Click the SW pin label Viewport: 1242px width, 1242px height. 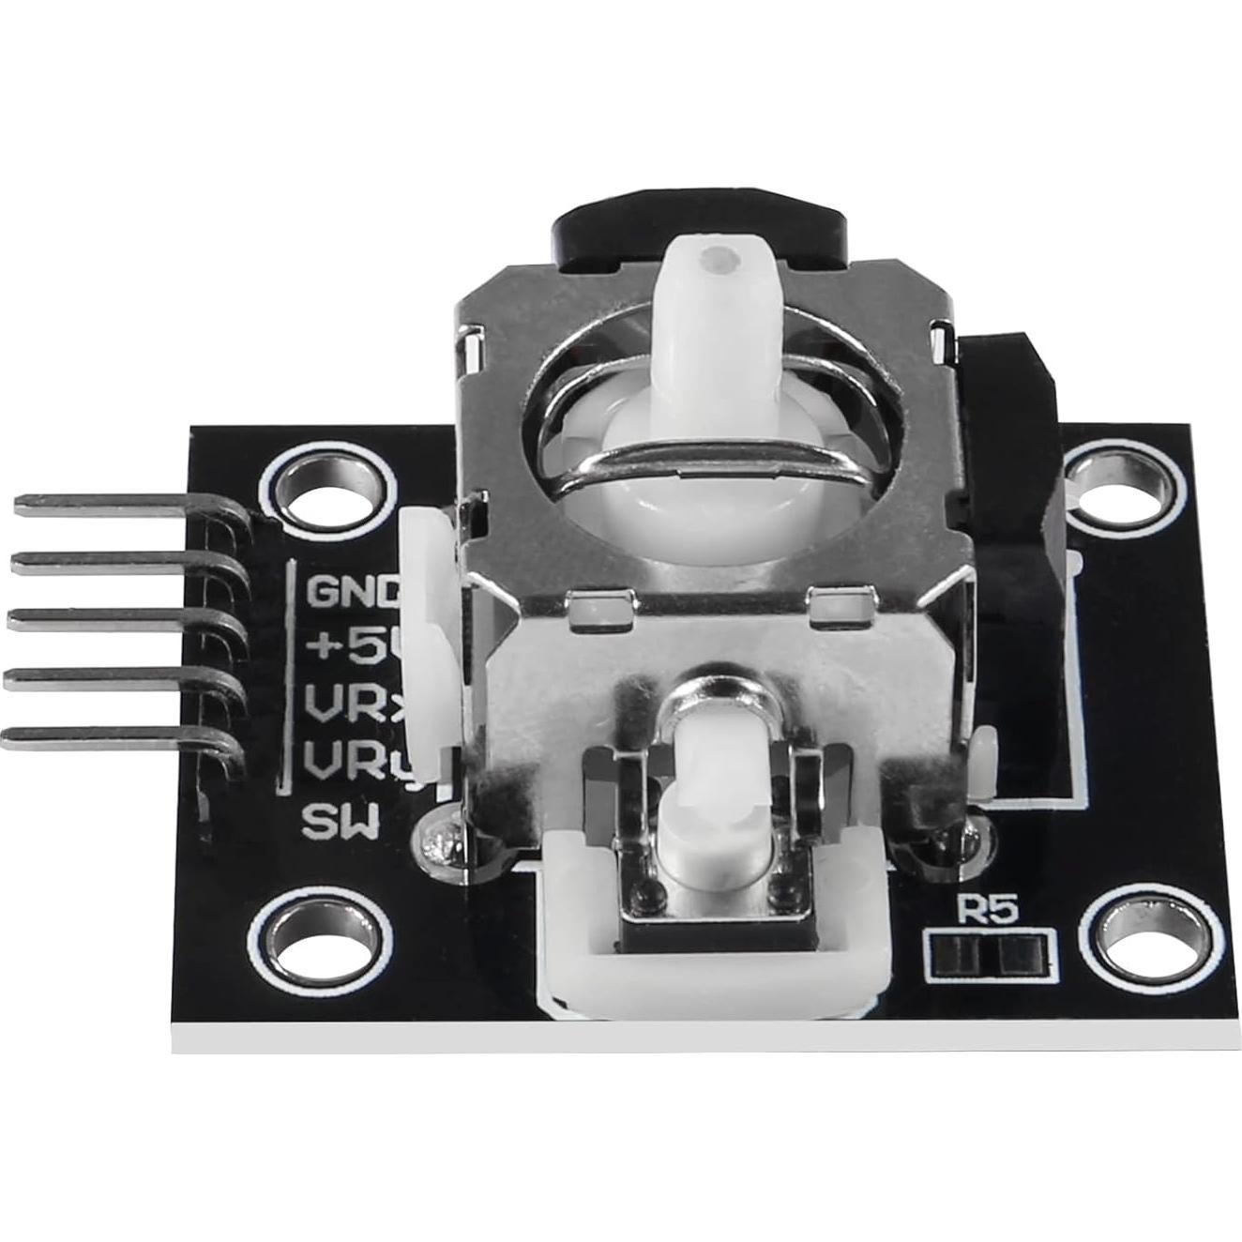click(340, 824)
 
